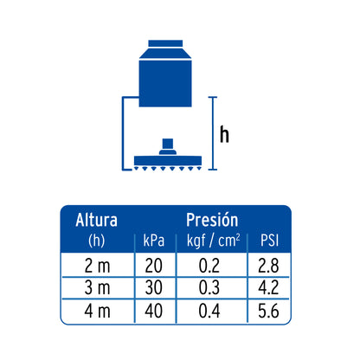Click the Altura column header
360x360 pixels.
point(96,220)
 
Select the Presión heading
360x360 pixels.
point(212,220)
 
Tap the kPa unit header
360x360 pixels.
point(154,241)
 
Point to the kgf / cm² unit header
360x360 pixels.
point(213,241)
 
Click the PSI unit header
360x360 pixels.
point(269,241)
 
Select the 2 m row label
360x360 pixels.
point(97,266)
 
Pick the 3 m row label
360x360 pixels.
point(97,288)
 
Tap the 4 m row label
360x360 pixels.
point(97,311)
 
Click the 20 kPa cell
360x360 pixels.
point(153,266)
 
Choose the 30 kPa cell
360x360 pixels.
point(153,288)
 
